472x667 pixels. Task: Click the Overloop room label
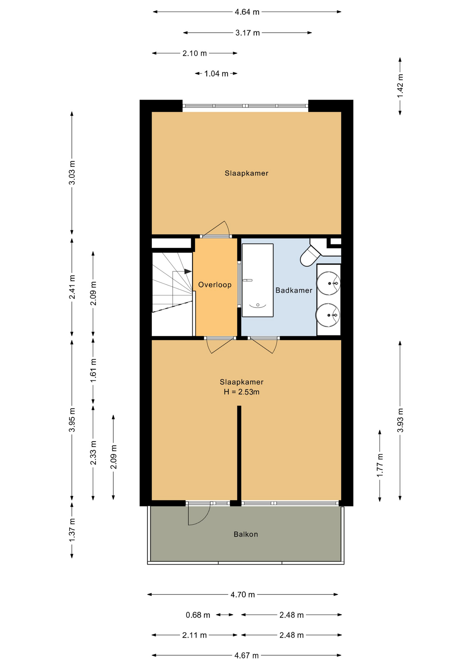coord(215,285)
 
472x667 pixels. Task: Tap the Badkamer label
coord(294,290)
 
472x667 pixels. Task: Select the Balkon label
coord(246,534)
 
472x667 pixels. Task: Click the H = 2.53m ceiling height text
coord(242,392)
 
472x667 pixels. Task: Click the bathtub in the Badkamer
coord(258,280)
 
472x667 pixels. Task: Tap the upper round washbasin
coord(328,283)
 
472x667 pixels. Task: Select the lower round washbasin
coord(328,315)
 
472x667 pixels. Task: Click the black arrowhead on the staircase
coord(188,271)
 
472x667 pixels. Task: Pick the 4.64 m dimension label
coord(247,12)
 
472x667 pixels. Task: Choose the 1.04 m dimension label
coord(216,74)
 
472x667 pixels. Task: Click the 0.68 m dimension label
coord(198,615)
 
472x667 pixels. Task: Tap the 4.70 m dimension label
coord(243,595)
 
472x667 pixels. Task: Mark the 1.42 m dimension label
coord(400,86)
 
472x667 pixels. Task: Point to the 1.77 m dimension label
coord(380,466)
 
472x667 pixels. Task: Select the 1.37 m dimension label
coord(72,530)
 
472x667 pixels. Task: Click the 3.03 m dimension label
coord(72,173)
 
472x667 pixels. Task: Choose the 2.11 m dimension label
coord(195,635)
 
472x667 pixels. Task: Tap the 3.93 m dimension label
coord(400,420)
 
